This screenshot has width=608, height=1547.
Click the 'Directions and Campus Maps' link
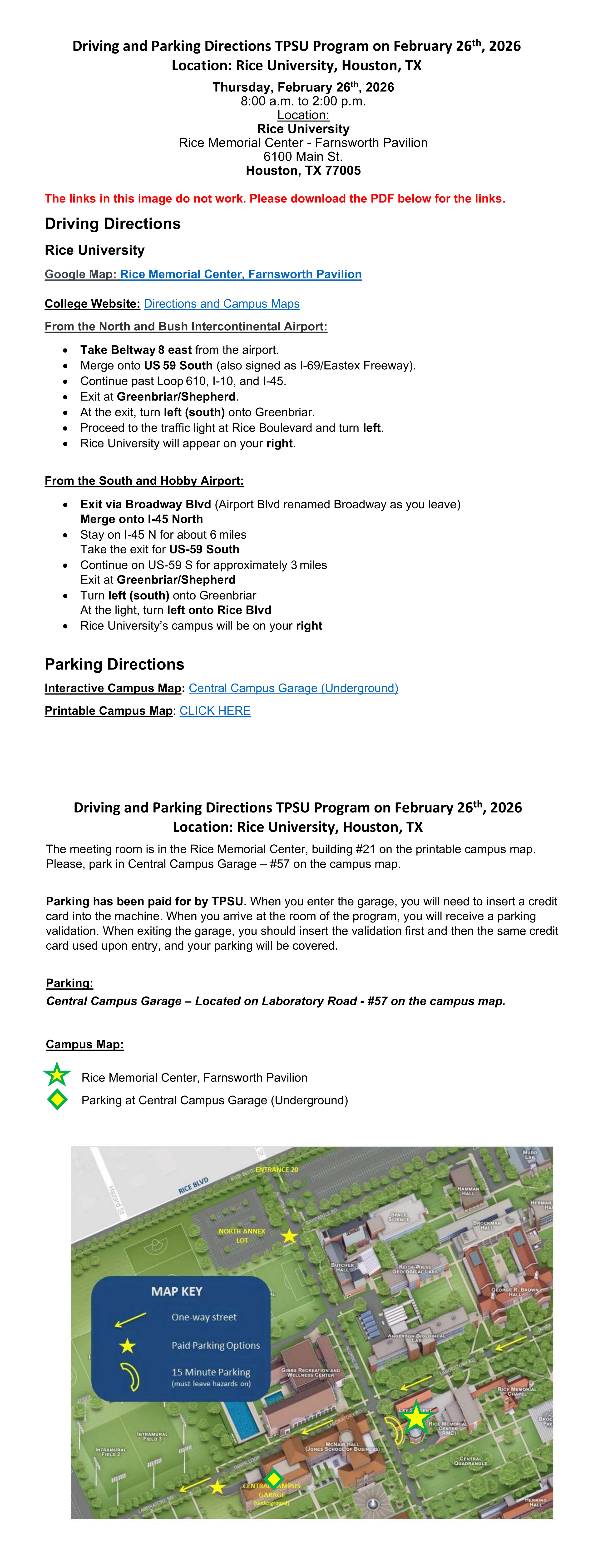tap(222, 304)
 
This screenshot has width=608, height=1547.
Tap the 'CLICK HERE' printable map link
tap(215, 711)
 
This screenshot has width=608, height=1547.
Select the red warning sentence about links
tap(275, 199)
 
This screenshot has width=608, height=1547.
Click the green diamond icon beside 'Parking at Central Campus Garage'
tap(57, 1100)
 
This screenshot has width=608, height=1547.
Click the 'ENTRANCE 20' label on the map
tap(277, 1170)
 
